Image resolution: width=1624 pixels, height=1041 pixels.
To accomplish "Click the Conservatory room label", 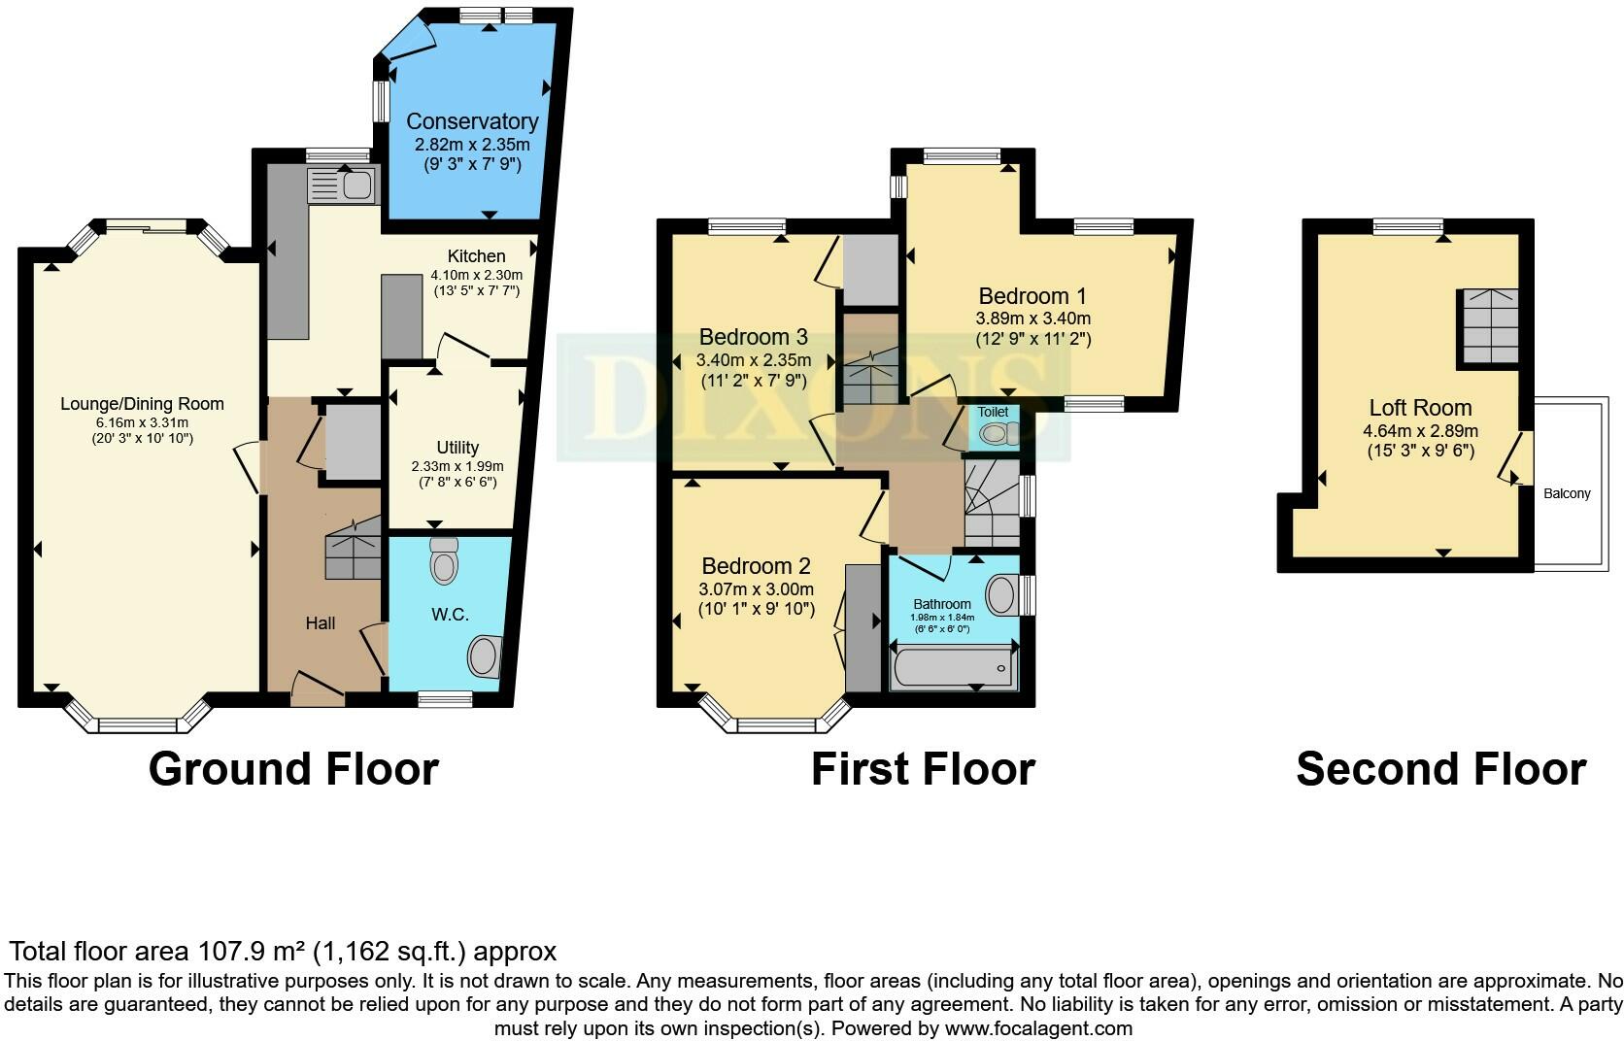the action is [472, 121].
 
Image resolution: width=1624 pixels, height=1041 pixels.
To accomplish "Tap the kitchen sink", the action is [343, 185].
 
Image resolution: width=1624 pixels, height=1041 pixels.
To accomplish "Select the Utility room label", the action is [457, 448].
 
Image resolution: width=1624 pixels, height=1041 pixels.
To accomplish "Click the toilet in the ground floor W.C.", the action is [444, 560].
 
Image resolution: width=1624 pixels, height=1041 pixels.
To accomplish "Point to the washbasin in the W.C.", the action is [485, 656].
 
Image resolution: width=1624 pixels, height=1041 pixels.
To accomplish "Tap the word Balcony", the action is [1567, 493].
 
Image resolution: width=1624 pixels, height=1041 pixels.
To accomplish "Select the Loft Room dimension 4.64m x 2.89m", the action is [1420, 430].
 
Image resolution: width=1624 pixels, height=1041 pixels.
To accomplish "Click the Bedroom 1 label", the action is [1032, 296].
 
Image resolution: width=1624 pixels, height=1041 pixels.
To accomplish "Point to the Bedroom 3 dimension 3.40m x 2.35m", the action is [754, 360].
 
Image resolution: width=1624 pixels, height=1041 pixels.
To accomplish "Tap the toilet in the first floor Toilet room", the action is [998, 433].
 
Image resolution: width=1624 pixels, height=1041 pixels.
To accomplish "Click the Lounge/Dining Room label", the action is [142, 404].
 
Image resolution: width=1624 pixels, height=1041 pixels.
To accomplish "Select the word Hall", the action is [321, 622].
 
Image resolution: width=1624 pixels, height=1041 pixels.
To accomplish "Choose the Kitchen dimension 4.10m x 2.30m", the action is [476, 276].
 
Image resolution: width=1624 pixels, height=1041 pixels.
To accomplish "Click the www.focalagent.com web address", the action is [1038, 1028].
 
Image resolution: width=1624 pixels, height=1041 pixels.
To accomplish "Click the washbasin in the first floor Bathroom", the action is [1003, 595].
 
